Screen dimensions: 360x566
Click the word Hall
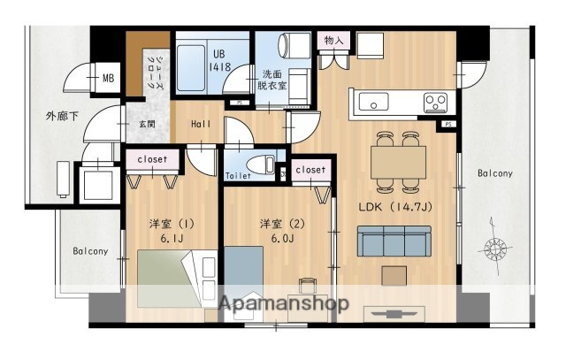201,125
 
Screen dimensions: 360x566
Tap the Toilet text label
239,176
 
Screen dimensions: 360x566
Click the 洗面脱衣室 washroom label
272,80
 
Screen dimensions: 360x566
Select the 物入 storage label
333,41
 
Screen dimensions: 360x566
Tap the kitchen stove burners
434,100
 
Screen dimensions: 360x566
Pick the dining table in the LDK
398,160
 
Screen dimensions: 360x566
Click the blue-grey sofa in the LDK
393,240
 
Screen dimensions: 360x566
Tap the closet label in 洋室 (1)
152,159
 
